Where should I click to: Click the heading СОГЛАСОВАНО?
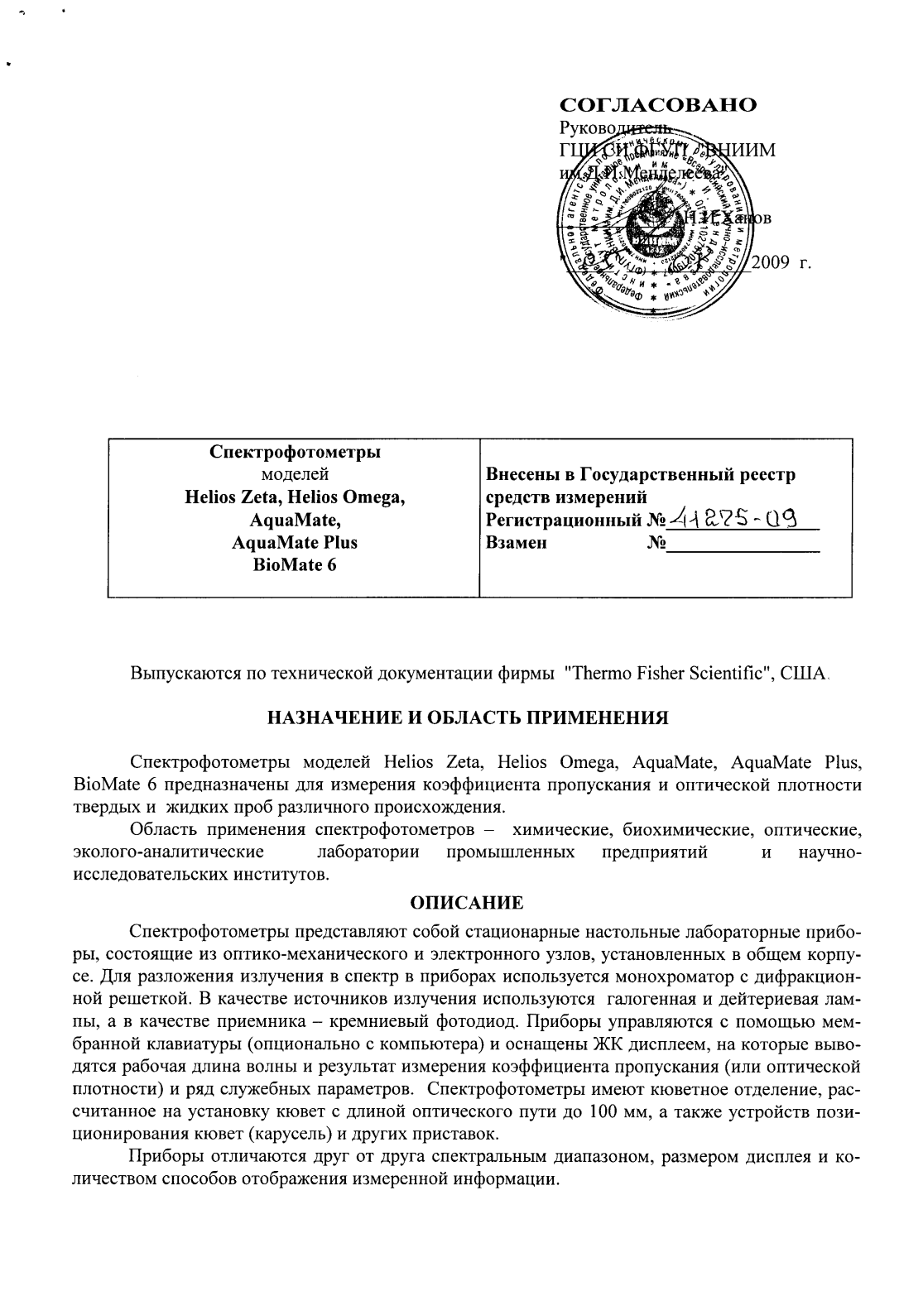658,105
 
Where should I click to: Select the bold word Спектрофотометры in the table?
295,453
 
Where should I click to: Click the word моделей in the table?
295,475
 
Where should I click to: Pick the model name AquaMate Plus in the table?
295,543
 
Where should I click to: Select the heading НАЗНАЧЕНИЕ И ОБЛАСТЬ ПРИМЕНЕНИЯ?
467,717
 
